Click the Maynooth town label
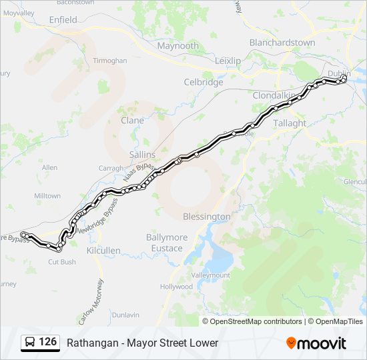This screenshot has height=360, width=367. pos(177,46)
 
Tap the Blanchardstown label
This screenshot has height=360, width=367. pos(282,42)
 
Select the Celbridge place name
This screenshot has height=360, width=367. pos(203,82)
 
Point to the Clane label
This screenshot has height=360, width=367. pos(131,121)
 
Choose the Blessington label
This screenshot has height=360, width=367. pos(206,217)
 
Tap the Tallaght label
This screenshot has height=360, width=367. pos(290,123)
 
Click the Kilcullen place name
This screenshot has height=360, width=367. pos(103,250)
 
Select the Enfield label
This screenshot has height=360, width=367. pos(63,20)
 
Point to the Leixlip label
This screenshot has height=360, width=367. pos(228,61)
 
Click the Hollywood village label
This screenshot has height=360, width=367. pos(176,287)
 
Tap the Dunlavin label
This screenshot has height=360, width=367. pos(125,315)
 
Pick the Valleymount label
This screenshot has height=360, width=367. pos(210,275)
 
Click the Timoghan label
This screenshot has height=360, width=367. pos(110,61)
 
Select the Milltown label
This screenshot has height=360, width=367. pos(47,196)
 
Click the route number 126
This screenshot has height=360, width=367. pos(47,342)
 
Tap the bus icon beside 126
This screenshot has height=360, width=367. pos(30,343)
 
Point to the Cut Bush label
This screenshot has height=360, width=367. pos(62,262)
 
